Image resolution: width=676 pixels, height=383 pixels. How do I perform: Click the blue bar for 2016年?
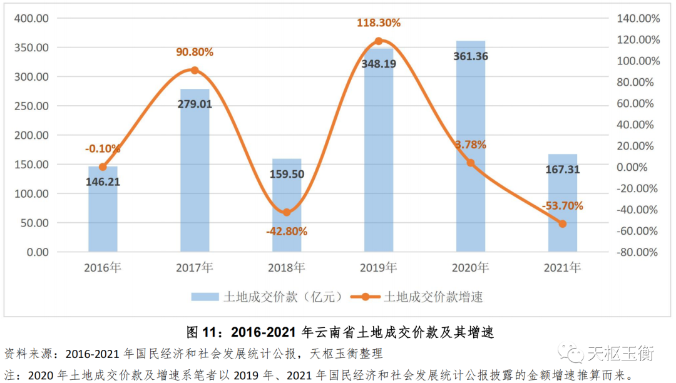point(103,210)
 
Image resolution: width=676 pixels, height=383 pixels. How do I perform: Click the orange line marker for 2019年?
point(379,41)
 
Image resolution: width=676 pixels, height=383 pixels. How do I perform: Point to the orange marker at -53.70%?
point(562,223)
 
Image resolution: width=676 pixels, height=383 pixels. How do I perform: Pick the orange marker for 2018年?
point(287,212)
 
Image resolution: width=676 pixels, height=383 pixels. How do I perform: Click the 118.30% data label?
point(379,23)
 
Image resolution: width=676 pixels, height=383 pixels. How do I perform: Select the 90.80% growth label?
point(195,53)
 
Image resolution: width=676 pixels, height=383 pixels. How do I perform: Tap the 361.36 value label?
point(471,56)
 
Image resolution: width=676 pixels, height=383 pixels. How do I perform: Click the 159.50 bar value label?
point(287,174)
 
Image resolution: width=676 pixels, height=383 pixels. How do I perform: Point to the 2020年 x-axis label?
point(471,268)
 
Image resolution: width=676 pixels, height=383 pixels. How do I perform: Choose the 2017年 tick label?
point(195,268)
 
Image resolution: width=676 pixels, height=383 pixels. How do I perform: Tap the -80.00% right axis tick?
point(637,252)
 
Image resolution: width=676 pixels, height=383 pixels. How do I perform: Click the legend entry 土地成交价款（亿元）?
point(269,297)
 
